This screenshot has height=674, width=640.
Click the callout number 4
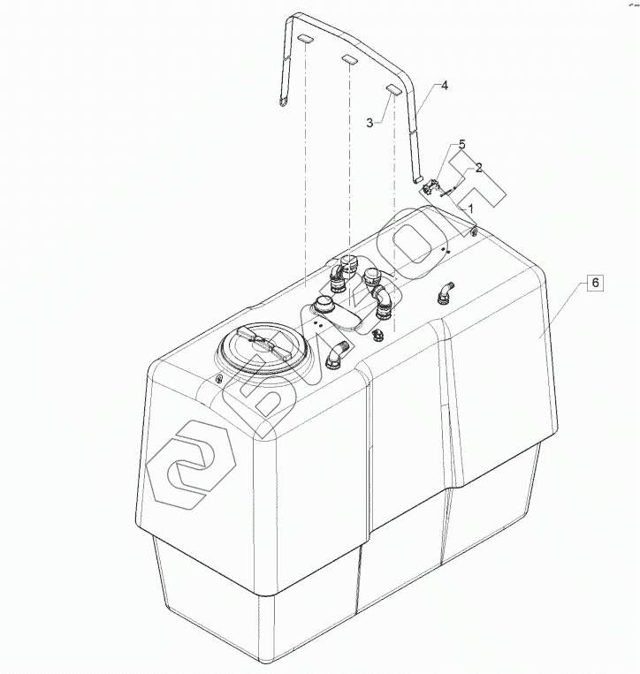click(445, 86)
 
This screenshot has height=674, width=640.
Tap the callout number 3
click(370, 123)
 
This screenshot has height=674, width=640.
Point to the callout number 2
click(478, 167)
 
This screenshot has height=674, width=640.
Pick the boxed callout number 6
click(595, 283)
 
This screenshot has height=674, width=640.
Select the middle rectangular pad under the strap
click(350, 60)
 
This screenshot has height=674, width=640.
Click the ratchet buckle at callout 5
click(432, 188)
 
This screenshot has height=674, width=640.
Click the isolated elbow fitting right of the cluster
click(446, 292)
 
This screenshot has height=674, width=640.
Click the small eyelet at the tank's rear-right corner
click(474, 232)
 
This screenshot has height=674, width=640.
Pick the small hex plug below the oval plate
click(377, 334)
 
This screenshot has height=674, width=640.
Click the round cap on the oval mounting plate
click(322, 305)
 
